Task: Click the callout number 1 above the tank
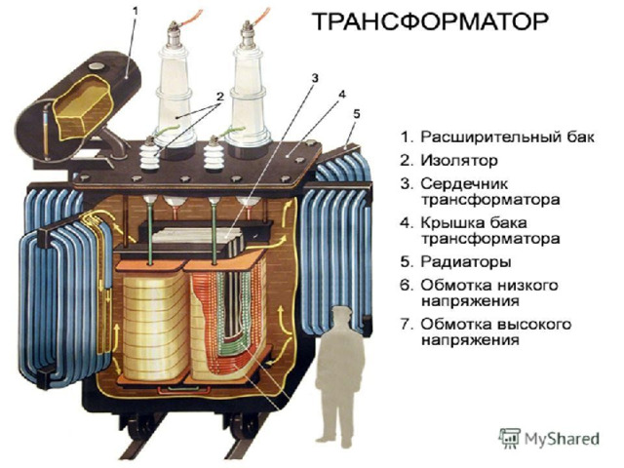(136, 11)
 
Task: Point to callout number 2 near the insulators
(220, 96)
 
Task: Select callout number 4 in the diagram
(341, 95)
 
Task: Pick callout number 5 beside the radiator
(356, 113)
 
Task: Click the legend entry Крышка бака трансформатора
(487, 229)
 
